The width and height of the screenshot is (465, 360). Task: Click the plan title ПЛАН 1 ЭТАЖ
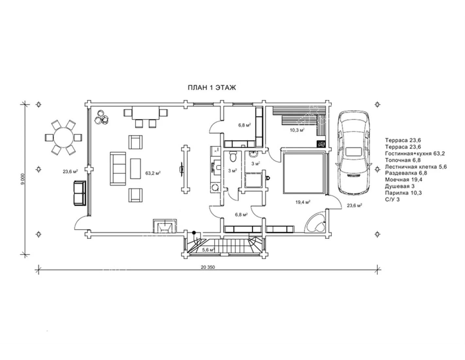click(212, 88)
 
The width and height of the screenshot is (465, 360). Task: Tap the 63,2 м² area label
click(153, 173)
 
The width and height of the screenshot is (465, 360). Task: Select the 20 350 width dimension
click(208, 267)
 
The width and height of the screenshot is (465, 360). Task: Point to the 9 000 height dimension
click(23, 179)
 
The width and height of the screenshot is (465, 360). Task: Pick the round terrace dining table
click(63, 137)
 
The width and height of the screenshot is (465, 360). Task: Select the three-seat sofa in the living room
click(118, 169)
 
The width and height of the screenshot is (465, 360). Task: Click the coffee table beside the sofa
click(135, 169)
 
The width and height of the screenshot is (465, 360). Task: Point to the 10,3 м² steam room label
click(297, 130)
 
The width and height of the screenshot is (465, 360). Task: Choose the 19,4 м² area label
click(303, 202)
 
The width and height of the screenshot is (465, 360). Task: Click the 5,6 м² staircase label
click(208, 250)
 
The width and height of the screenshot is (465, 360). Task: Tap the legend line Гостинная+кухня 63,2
click(415, 153)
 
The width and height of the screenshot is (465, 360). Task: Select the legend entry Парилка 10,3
click(404, 193)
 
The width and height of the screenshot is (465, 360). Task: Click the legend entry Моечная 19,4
click(404, 179)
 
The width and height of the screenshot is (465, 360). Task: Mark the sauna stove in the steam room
click(321, 144)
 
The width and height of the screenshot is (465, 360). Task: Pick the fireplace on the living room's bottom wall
click(164, 226)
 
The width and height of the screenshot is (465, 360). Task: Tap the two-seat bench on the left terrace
click(79, 193)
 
